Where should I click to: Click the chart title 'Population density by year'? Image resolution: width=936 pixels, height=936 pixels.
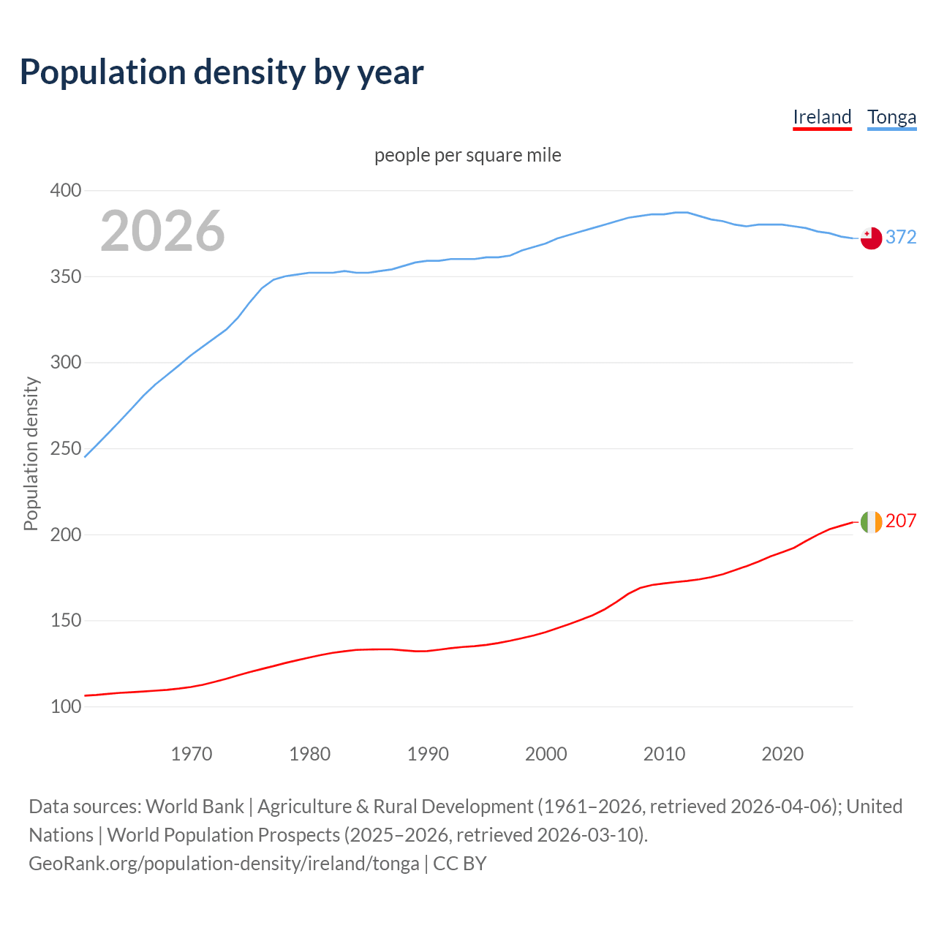[x=222, y=72]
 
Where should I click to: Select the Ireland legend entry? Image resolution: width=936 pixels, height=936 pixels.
[x=822, y=117]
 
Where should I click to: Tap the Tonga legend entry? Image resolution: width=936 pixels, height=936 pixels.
[x=891, y=117]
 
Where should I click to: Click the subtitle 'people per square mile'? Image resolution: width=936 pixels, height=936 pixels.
[x=467, y=155]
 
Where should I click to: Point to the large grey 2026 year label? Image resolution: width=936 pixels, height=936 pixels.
[x=162, y=231]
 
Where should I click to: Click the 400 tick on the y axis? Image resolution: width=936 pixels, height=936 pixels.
[x=65, y=190]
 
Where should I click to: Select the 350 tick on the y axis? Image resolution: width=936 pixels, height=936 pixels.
[x=65, y=276]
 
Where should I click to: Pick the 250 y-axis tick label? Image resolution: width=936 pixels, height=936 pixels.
[x=65, y=448]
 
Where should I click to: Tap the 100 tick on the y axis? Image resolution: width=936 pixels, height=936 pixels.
[x=65, y=706]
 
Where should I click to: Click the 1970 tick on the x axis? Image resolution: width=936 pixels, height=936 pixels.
[x=192, y=753]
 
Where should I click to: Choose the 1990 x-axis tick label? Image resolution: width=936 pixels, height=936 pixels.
[x=428, y=753]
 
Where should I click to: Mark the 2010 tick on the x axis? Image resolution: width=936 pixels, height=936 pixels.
[x=664, y=753]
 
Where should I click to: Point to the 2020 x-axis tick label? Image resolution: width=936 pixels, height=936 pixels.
[x=782, y=753]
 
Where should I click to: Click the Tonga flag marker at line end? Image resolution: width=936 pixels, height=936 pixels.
[x=871, y=238]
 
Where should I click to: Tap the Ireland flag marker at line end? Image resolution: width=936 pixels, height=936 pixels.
[x=871, y=521]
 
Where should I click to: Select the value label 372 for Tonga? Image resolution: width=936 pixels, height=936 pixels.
[x=901, y=237]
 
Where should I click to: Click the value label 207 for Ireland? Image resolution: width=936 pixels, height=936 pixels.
[x=901, y=521]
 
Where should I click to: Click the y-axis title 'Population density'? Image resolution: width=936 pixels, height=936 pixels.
[x=31, y=453]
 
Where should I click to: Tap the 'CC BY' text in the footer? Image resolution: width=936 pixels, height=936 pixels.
[x=460, y=864]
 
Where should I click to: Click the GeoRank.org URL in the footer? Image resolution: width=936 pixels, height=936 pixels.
[x=224, y=864]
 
